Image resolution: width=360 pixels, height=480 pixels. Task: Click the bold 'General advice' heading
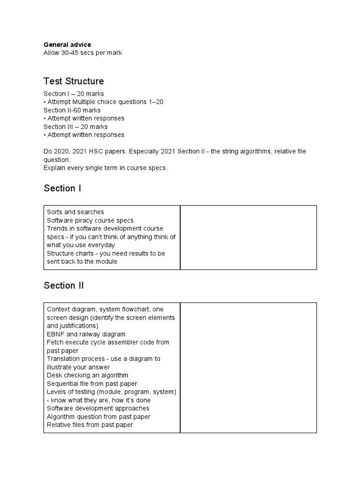coord(67,45)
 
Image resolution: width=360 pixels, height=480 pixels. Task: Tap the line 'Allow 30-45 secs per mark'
coord(82,53)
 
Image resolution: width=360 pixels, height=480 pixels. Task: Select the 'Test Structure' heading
coord(74,81)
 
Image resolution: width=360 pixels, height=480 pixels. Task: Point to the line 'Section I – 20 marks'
coord(74,94)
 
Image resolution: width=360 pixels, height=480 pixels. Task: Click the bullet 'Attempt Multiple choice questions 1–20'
coord(105,102)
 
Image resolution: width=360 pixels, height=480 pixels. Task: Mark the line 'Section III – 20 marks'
coord(75,127)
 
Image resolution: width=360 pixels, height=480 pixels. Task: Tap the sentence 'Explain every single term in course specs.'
coord(105,168)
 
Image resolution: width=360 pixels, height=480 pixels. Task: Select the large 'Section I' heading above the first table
coord(62,188)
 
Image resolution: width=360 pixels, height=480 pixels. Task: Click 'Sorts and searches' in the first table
coord(75,212)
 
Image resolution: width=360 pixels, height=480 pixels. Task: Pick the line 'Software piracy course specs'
coord(90,220)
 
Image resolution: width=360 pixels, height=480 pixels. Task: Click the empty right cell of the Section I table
coord(248,237)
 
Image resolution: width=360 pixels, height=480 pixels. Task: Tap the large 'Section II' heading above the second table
coord(64,285)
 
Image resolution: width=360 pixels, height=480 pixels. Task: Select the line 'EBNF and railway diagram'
coord(86,334)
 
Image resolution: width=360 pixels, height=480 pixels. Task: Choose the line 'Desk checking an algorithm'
coord(87,375)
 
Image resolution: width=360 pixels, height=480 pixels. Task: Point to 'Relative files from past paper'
coord(90,425)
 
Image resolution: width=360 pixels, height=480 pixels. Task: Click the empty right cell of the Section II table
coord(248,367)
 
